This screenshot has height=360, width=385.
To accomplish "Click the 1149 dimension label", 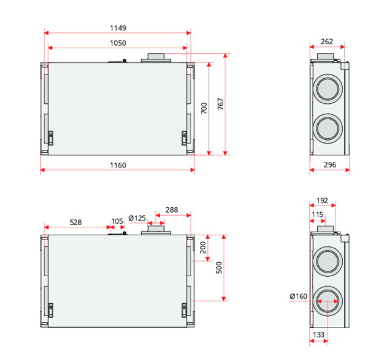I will (117, 28).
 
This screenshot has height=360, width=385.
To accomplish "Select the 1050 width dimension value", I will (117, 43).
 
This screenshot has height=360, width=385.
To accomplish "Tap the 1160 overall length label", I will (117, 165).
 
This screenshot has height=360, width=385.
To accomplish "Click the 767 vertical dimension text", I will (220, 104).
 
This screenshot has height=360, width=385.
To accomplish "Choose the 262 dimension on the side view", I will (326, 42).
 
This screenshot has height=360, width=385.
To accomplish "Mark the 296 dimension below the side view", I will (329, 166).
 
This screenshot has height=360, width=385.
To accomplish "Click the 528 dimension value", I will (76, 222).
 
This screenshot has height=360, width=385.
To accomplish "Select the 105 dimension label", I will (117, 222).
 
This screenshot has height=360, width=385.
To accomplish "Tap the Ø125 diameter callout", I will (137, 218).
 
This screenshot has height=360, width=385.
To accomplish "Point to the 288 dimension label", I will (172, 210).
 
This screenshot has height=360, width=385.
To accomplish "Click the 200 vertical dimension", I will (204, 248).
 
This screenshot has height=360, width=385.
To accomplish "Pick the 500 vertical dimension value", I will (219, 268).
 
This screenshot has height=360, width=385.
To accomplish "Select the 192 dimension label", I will (323, 199).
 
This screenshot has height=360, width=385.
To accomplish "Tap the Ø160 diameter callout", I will (299, 296).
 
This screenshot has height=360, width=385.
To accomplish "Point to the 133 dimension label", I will (318, 334).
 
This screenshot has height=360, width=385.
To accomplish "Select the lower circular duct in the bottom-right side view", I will (329, 302).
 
